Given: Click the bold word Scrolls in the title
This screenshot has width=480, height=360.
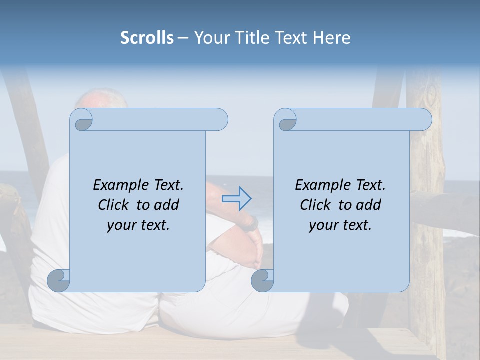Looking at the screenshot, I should pyautogui.click(x=147, y=37).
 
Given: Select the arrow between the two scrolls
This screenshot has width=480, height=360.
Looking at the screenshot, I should pyautogui.click(x=236, y=199).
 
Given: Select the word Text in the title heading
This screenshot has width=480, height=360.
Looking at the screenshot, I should pyautogui.click(x=292, y=37).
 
